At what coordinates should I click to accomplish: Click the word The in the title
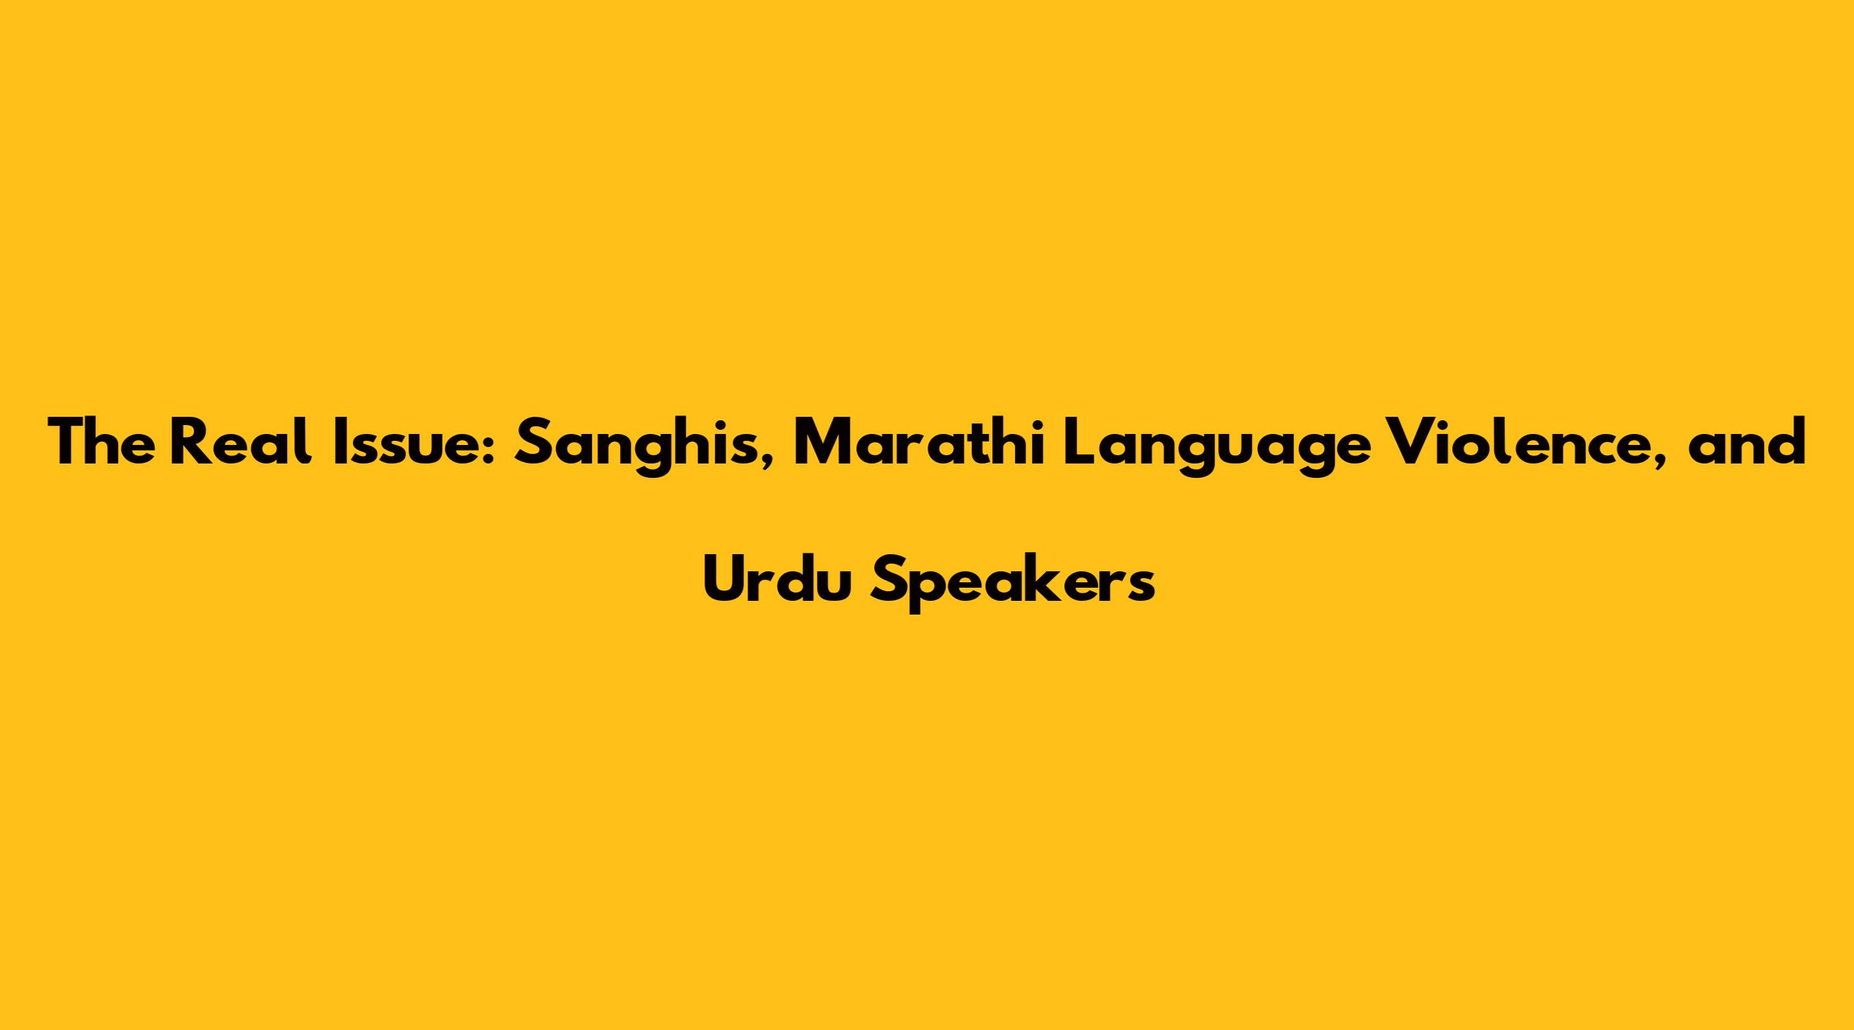[x=101, y=442]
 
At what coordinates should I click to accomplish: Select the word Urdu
[x=777, y=580]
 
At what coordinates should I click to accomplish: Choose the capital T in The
[x=69, y=442]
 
